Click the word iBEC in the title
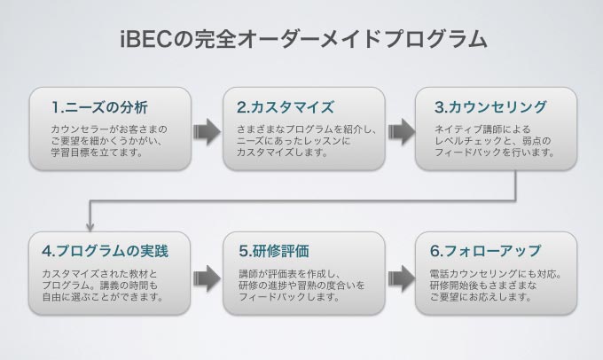point(145,39)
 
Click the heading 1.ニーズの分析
point(99,107)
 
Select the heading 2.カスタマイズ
point(286,107)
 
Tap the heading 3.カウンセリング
point(490,107)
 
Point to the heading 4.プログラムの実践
point(105,251)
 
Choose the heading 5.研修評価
point(274,251)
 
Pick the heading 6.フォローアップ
point(485,251)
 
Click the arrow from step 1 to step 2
point(207,131)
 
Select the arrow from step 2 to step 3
point(402,131)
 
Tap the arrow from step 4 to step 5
point(207,278)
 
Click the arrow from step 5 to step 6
point(402,278)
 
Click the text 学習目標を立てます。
point(98,153)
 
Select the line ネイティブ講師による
point(482,129)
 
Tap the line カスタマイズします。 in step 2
point(282,153)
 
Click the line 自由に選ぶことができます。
point(103,297)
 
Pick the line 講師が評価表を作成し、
point(289,274)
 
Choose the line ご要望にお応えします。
point(481,297)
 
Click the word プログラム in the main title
point(435,39)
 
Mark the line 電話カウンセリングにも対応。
point(496,274)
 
